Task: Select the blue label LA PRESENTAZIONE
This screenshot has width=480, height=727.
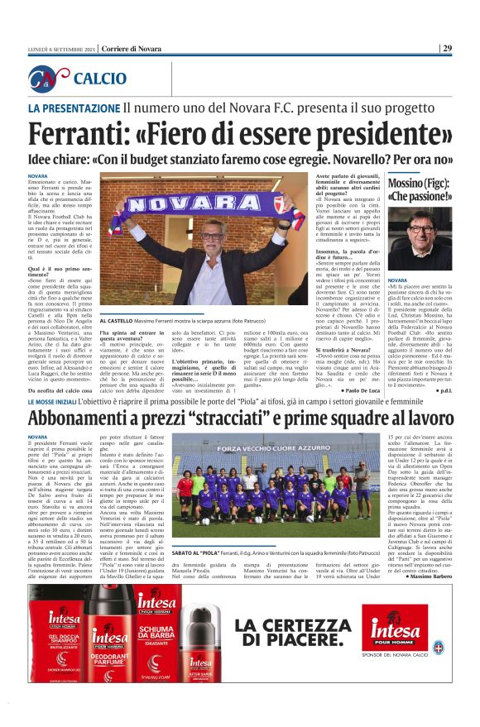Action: coord(73,108)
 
